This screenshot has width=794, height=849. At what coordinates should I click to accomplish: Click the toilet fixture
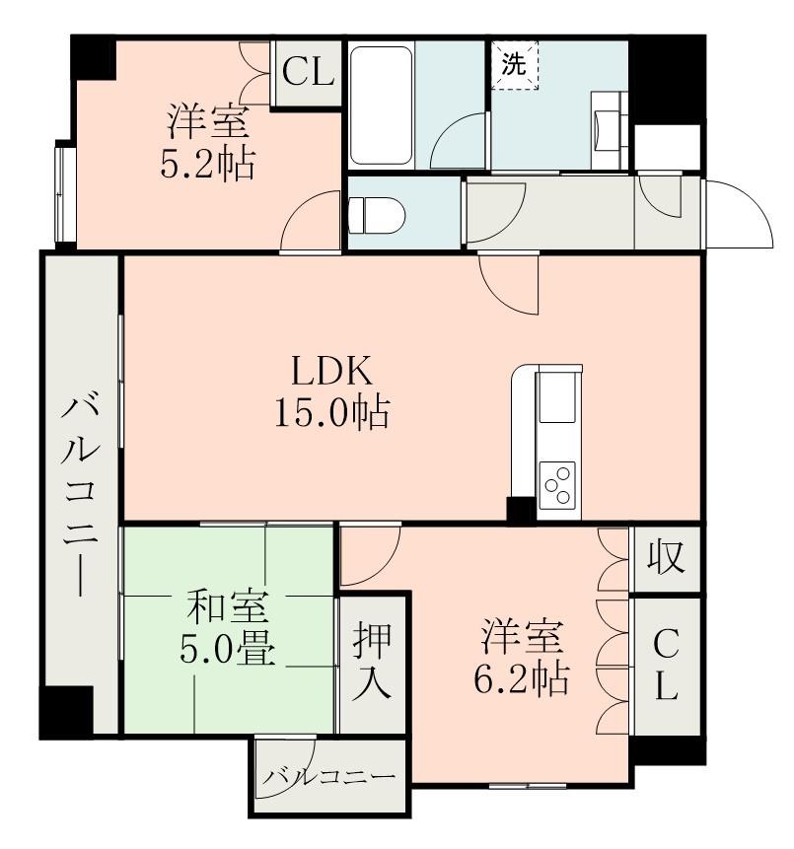[377, 215]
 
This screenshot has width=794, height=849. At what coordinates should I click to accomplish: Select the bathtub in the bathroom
[381, 106]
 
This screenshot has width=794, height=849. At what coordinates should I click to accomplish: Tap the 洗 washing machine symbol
[514, 65]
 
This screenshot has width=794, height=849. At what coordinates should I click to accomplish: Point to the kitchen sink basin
[556, 397]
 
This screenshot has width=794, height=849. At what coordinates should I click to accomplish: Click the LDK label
[332, 371]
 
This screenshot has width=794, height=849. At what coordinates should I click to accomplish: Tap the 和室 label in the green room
[227, 607]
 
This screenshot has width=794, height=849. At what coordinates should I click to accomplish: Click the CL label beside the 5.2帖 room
[308, 73]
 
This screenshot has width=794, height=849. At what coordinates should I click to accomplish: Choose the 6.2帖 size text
[522, 679]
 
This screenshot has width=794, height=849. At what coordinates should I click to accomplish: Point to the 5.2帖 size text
[207, 164]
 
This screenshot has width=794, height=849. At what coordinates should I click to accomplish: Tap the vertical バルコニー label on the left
[80, 495]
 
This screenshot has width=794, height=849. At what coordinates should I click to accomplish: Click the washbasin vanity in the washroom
[610, 130]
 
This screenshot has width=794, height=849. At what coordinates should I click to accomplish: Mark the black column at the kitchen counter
[521, 510]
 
